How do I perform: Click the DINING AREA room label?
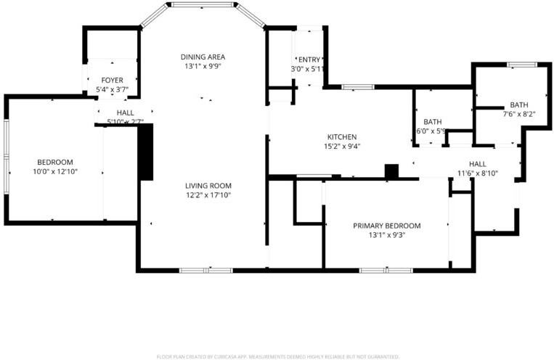tap(203, 57)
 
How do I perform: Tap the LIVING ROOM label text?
tap(207, 185)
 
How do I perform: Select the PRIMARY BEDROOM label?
tap(386, 226)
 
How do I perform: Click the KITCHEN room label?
tap(342, 136)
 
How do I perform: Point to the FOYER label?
tap(112, 80)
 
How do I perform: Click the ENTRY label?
tap(309, 60)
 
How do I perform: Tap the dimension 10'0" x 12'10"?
tap(55, 171)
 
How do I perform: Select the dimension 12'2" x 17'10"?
tap(207, 195)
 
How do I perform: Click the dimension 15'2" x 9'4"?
tap(342, 146)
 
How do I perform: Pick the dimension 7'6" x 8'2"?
tap(518, 114)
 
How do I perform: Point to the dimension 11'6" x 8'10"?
tap(477, 173)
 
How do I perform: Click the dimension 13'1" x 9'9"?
tap(203, 66)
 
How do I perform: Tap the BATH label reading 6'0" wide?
tap(433, 122)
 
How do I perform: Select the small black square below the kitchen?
tap(391, 171)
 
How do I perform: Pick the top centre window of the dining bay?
tap(203, 4)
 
